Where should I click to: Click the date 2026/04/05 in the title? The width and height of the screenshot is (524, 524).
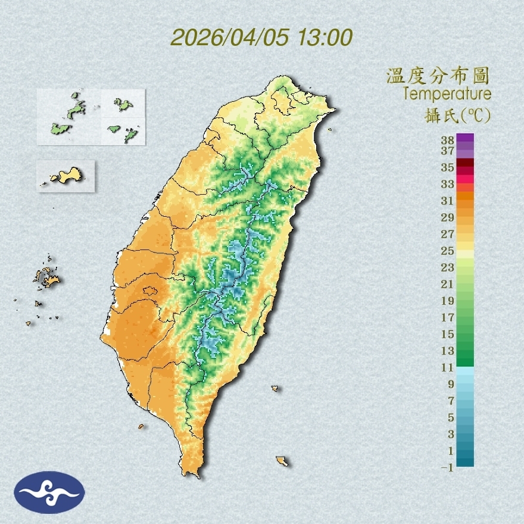[x=230, y=38]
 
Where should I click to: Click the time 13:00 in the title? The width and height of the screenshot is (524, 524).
[x=324, y=38]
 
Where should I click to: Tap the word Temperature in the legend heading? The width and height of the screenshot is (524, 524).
[x=447, y=93]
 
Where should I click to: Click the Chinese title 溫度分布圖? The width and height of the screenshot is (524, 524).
[x=438, y=76]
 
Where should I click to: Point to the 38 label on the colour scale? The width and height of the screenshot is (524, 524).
[x=448, y=141]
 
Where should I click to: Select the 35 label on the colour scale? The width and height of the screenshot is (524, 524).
[x=448, y=167]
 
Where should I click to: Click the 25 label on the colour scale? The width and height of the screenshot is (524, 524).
[x=448, y=251]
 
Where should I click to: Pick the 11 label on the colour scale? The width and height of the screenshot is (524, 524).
[x=448, y=368]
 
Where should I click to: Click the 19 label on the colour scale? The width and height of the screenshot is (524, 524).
[x=448, y=301]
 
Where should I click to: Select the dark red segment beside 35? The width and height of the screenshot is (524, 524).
[x=466, y=163]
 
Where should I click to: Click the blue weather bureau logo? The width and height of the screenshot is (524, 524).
[x=50, y=492]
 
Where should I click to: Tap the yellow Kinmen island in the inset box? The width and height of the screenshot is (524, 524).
[x=67, y=175]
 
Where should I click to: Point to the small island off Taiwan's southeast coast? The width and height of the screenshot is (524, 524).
[x=282, y=461]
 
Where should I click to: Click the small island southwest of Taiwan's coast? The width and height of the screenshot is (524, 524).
[x=141, y=426]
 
